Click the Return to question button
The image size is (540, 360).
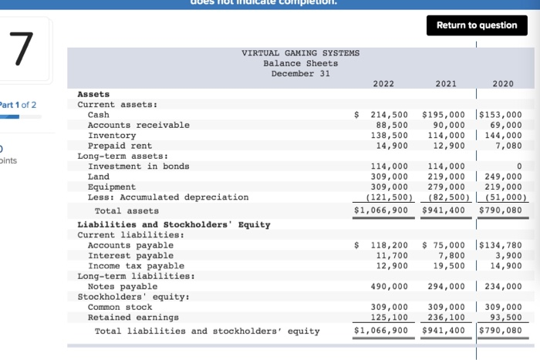click(476, 25)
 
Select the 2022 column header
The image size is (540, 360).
click(383, 83)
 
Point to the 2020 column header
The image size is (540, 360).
click(502, 83)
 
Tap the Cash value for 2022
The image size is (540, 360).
click(390, 114)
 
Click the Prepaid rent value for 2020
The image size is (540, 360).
click(508, 145)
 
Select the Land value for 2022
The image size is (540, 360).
click(390, 177)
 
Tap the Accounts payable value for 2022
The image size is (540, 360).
click(390, 245)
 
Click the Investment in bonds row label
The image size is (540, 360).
click(139, 166)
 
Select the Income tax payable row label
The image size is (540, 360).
click(136, 265)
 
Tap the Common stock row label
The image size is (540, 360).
click(120, 307)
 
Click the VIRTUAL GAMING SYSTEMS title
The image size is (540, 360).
click(301, 53)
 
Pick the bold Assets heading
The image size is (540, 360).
click(93, 93)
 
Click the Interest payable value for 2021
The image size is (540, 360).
click(451, 255)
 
